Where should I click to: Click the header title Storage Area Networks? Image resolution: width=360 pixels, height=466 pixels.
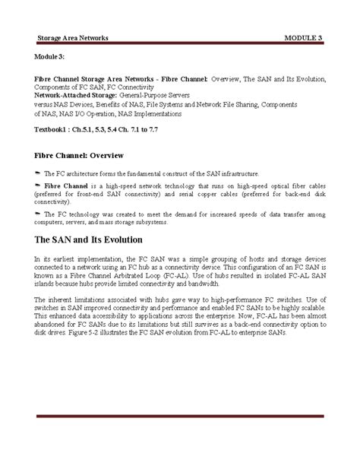(x=74, y=37)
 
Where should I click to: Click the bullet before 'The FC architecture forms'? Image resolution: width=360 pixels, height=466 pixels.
(x=39, y=173)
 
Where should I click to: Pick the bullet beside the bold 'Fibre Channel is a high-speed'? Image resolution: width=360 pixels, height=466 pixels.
(x=39, y=185)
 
